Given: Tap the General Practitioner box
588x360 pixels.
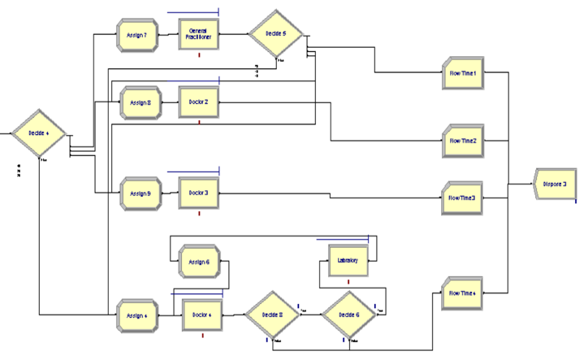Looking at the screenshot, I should (199, 34).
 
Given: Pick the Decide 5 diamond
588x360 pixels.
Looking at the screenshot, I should (275, 34).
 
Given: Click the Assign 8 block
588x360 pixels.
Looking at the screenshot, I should (140, 102).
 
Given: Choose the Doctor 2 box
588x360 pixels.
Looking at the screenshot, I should (199, 102).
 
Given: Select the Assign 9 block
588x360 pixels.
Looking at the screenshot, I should (140, 193).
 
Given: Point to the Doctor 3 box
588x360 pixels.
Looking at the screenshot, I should (199, 193).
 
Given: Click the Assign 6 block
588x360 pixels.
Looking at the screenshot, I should (199, 262).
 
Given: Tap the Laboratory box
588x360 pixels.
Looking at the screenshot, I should (348, 262).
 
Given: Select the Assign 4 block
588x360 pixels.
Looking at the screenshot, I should (137, 313).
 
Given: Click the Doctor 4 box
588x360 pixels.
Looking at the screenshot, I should (202, 313).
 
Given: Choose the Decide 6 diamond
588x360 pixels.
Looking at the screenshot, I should (348, 314).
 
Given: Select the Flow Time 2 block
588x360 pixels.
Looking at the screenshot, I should (464, 141).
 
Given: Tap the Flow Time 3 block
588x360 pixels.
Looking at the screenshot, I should (464, 197).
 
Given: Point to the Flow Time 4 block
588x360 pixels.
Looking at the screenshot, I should (464, 293).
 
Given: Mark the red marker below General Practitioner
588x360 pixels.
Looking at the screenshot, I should (199, 55).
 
